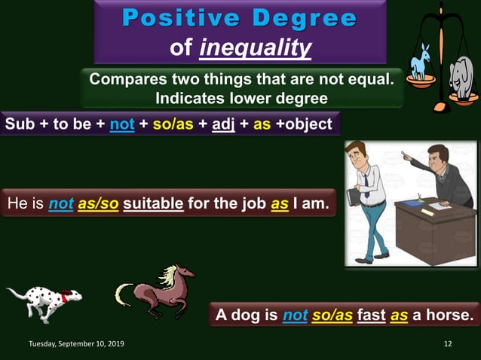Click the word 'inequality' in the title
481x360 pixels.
[256, 48]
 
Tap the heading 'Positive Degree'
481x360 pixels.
[240, 18]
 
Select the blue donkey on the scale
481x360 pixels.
[419, 63]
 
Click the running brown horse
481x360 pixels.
[155, 290]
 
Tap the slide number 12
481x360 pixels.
[448, 344]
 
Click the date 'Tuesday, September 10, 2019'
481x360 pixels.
[76, 344]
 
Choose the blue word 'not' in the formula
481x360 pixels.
[121, 124]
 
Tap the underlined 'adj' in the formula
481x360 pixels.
[223, 124]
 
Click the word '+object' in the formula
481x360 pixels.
[304, 124]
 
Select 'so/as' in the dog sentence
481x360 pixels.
[332, 315]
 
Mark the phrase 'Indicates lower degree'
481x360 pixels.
[241, 98]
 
